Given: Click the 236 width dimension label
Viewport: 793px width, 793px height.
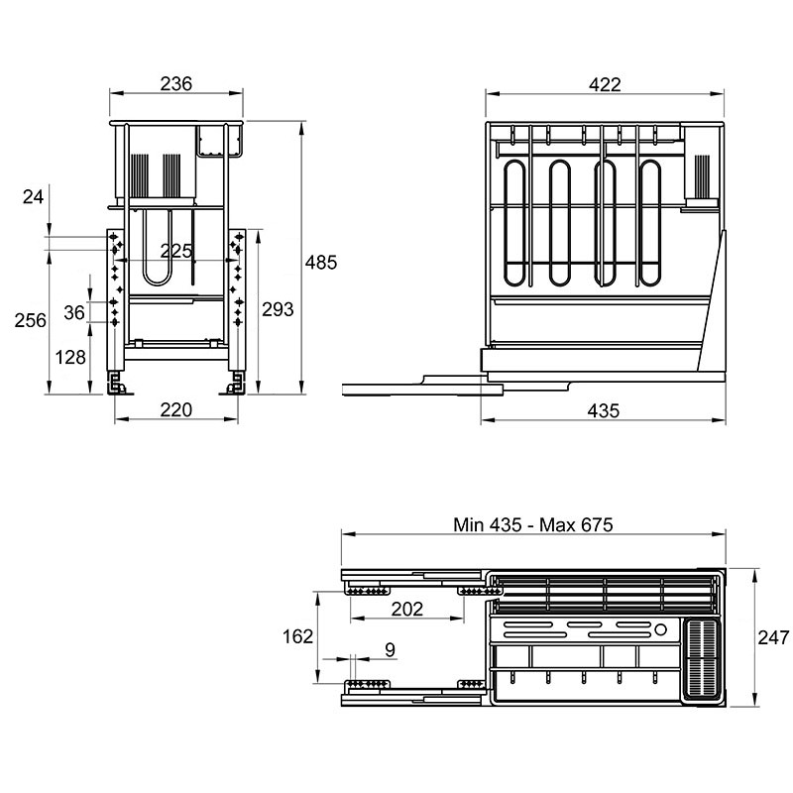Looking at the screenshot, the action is pyautogui.click(x=176, y=83).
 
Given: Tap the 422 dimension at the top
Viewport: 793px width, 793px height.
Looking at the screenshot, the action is pyautogui.click(x=605, y=84).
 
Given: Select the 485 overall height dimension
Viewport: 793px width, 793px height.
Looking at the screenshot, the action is pyautogui.click(x=320, y=263).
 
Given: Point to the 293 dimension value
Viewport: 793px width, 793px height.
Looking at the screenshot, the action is pyautogui.click(x=278, y=309).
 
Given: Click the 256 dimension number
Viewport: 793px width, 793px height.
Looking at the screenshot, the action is pyautogui.click(x=31, y=320).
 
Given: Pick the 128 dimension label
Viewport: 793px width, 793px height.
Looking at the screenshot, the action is pyautogui.click(x=69, y=357).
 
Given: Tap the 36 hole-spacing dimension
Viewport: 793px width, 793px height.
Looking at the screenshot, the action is pyautogui.click(x=73, y=312).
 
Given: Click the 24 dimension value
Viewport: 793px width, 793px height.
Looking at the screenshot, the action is pyautogui.click(x=33, y=196).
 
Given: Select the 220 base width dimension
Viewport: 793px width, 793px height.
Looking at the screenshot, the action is pyautogui.click(x=176, y=409).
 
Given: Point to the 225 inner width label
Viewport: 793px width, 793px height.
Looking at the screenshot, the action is pyautogui.click(x=176, y=251).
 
